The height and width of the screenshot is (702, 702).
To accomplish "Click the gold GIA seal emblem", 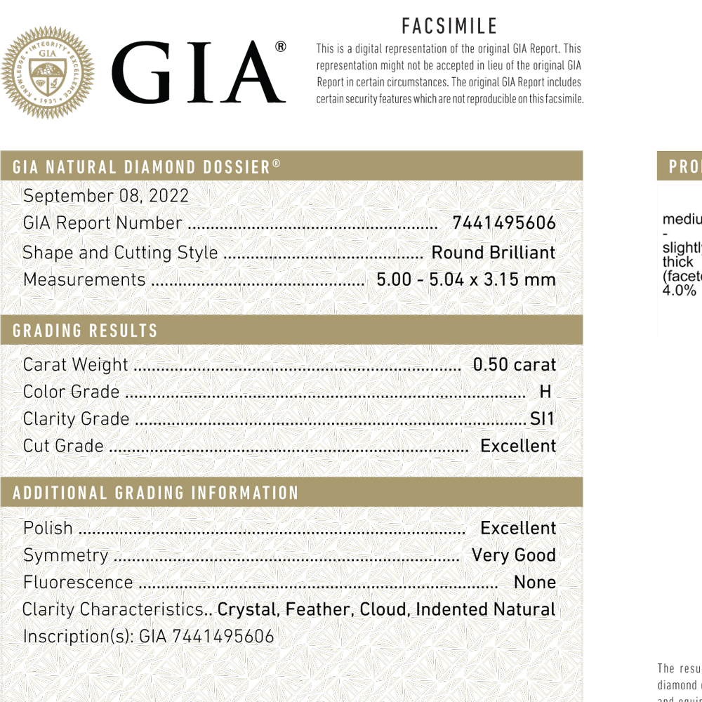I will (47, 72).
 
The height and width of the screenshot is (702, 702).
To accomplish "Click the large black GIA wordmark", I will (198, 72).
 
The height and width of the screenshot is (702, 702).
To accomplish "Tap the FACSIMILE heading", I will (449, 27).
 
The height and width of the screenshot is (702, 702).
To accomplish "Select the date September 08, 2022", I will (106, 196).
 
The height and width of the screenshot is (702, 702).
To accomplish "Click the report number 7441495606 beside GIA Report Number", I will (504, 223).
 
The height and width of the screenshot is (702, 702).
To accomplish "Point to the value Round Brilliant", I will (493, 253).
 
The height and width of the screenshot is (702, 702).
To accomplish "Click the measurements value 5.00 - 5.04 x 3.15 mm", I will (466, 279).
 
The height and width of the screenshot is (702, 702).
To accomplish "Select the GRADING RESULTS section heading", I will (85, 331).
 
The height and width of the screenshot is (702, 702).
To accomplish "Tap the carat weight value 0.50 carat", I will (514, 365).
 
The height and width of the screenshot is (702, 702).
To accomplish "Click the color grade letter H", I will (545, 392).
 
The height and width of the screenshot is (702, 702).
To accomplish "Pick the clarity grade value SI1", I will (542, 419).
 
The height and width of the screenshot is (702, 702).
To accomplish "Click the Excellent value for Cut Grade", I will (518, 446).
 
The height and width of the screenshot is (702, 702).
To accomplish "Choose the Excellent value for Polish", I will (518, 528).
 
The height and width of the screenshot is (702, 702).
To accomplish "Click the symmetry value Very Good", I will (514, 555).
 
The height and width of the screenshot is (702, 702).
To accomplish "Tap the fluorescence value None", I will (535, 583).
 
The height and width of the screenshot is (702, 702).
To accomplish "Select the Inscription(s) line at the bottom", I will (148, 637).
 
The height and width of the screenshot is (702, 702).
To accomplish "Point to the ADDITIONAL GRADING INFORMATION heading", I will (156, 493).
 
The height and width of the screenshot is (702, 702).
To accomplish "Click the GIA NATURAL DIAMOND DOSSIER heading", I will (147, 167).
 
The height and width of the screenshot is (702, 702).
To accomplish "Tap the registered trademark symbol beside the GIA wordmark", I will (280, 47).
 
